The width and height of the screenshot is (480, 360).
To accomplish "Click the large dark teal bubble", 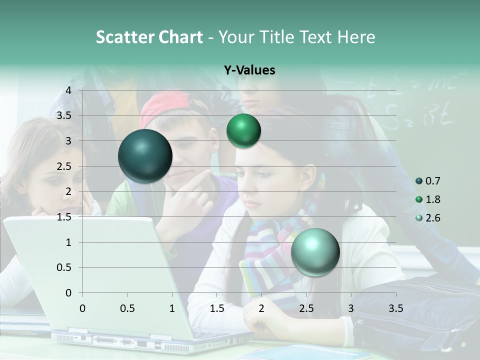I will click(145, 156).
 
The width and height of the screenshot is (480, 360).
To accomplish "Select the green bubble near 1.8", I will click(243, 131).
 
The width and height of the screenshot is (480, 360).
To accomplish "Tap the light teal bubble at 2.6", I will click(315, 251).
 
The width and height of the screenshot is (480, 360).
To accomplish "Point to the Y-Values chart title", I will click(249, 70).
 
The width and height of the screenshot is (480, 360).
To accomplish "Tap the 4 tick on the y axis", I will click(68, 90).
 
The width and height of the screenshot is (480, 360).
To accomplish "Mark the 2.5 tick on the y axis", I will click(64, 166).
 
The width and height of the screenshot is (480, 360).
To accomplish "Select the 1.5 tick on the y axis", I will click(64, 217).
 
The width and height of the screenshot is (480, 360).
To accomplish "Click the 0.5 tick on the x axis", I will click(127, 308).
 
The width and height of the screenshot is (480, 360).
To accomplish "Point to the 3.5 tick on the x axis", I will click(395, 308).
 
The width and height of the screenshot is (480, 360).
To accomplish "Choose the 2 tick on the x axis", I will click(261, 308).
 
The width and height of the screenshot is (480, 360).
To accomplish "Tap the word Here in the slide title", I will click(355, 37).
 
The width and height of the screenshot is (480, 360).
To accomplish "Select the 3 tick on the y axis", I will click(68, 141).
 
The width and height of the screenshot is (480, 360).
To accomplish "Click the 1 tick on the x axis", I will click(172, 308).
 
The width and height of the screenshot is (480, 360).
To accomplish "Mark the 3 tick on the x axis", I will click(351, 308).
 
